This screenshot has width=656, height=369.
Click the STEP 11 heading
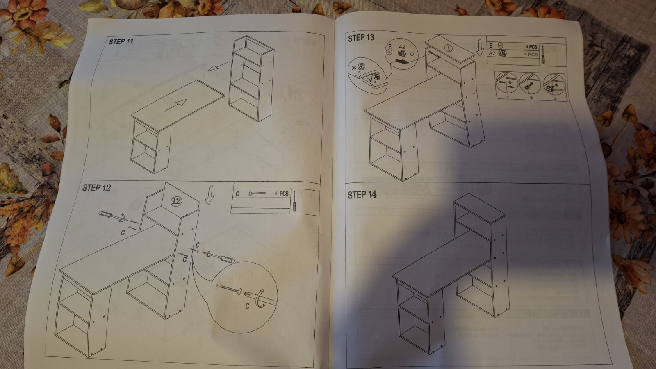coord(121,41)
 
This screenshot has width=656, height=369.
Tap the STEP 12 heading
coord(96,188)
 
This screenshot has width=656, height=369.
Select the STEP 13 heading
coord(361,38)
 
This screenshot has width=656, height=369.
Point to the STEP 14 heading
coord(362,195)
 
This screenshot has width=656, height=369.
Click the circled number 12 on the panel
coord(176,201)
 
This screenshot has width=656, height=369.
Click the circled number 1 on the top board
coord(448,48)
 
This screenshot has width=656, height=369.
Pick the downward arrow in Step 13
coord(481,48)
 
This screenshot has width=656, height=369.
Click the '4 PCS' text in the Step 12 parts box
coord(281,194)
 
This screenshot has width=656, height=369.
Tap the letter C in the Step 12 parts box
coord(237,194)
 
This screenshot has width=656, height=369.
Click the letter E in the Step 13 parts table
coord(491,46)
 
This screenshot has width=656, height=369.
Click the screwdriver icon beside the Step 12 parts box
coord(294,201)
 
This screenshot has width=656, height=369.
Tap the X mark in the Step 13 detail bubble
coord(354,67)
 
